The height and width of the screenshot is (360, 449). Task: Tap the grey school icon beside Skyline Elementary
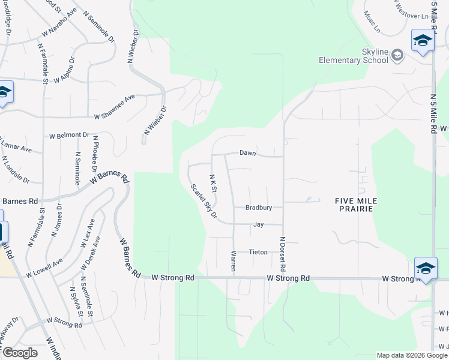397,56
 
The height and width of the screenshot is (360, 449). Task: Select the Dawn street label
248,153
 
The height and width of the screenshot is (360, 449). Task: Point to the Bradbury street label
259,208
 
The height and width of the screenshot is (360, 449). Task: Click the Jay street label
259,224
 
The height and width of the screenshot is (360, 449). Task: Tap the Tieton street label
258,252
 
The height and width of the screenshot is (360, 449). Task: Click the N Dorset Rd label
282,252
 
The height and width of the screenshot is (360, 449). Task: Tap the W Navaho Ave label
59,26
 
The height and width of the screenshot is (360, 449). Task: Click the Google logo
20,353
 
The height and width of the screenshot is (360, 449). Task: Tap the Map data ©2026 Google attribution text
412,355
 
